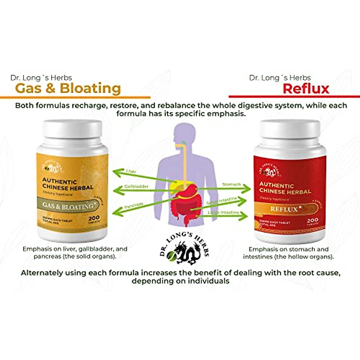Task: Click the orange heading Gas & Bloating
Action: pyautogui.click(x=68, y=88)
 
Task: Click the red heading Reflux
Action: pyautogui.click(x=306, y=88)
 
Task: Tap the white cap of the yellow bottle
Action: pyautogui.click(x=72, y=132)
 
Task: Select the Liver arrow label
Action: pyautogui.click(x=131, y=171)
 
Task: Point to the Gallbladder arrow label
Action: pyautogui.click(x=136, y=187)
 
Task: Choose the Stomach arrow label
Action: pyautogui.click(x=231, y=184)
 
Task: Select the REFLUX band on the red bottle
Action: pyautogui.click(x=284, y=209)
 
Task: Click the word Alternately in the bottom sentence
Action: pyautogui.click(x=42, y=273)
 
